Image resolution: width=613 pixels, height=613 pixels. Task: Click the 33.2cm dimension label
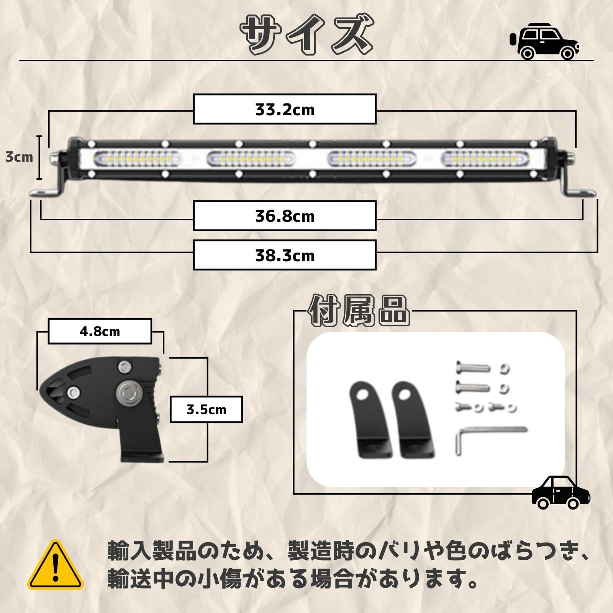click(284, 110)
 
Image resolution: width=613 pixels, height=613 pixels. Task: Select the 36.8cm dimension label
click(284, 216)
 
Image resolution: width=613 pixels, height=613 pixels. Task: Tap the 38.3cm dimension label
click(284, 255)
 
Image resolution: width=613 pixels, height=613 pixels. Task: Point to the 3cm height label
click(19, 157)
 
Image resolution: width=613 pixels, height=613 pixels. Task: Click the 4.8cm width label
click(100, 331)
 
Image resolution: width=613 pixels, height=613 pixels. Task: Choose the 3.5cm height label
click(206, 409)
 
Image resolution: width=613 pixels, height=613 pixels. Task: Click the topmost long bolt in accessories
click(473, 368)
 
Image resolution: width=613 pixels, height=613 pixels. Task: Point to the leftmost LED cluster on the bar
click(138, 158)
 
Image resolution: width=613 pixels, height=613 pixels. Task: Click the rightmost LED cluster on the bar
click(486, 158)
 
